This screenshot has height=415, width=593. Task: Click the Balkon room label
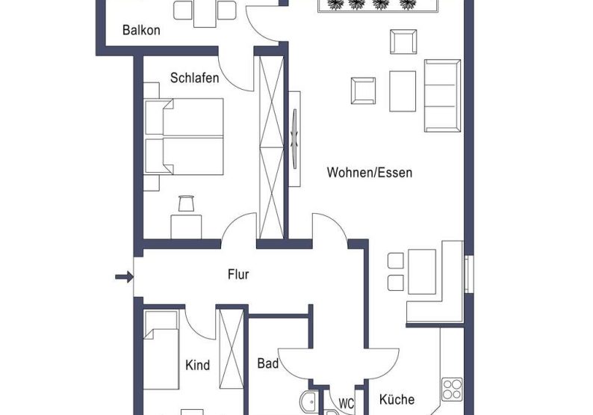(140, 31)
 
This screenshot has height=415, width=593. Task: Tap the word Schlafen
(194, 78)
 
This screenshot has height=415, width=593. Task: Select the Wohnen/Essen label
(369, 173)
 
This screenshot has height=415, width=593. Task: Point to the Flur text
(237, 274)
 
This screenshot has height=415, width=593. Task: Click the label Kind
(197, 366)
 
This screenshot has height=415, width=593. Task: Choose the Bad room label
(267, 363)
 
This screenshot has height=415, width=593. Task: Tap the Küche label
(396, 399)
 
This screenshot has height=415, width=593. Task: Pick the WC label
(346, 403)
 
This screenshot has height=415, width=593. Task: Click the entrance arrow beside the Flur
(123, 277)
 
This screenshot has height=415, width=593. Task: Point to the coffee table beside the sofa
(402, 91)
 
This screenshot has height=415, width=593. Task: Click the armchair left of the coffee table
(364, 90)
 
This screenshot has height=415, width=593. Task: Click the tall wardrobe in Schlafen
(270, 146)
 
